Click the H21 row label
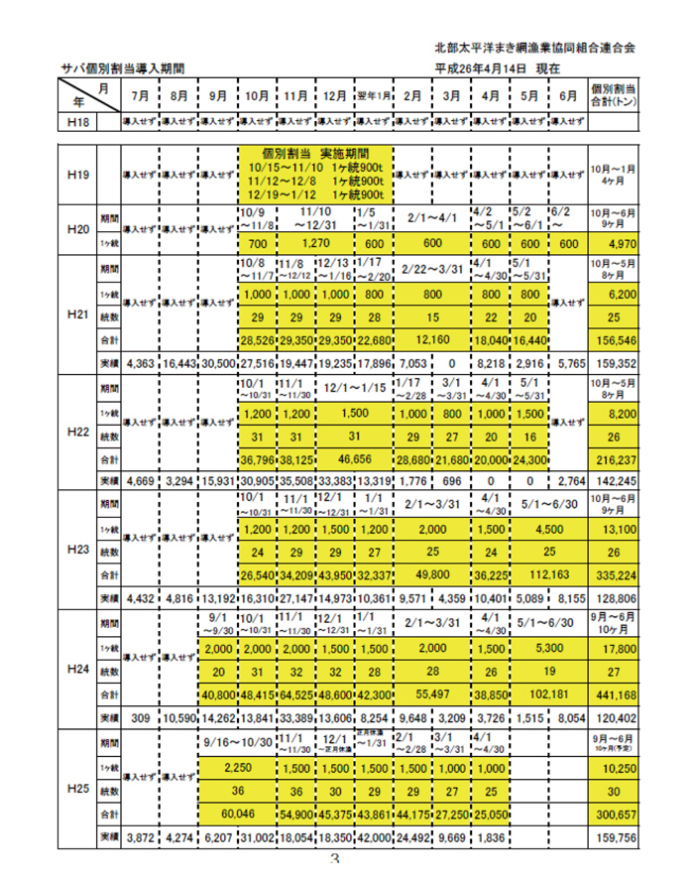coord(78,314)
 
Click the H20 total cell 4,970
coord(614,244)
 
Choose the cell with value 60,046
coord(236,812)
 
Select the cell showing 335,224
coord(614,574)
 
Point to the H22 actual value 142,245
coord(614,481)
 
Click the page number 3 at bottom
coord(334,863)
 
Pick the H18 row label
coord(78,121)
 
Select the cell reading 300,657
coord(614,812)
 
